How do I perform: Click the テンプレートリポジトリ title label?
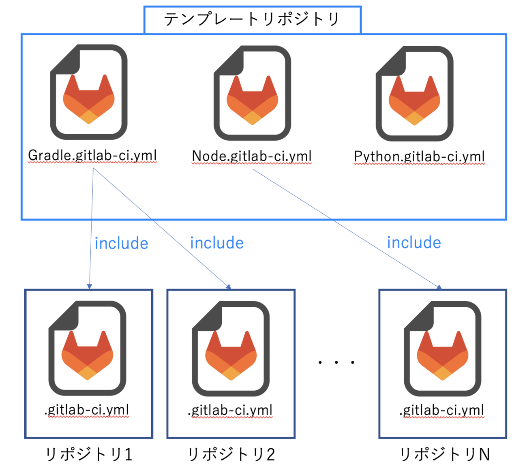click(x=252, y=19)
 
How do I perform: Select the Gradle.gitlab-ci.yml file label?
click(x=92, y=155)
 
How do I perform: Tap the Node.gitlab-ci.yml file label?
click(x=252, y=156)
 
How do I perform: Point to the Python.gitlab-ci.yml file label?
click(x=419, y=156)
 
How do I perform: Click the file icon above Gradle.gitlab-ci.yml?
click(x=89, y=92)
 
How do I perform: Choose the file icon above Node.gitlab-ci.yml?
click(x=252, y=93)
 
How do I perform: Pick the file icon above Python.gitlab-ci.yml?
click(x=414, y=94)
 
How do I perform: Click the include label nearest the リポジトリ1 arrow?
click(x=121, y=244)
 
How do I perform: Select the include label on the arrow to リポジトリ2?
click(x=217, y=243)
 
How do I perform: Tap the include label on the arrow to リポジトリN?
click(x=414, y=243)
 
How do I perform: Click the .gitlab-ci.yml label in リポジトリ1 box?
click(x=87, y=410)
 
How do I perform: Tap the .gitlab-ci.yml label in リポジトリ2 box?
click(x=230, y=410)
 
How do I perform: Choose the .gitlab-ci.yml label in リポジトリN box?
click(x=442, y=410)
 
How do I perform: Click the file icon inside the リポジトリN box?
click(x=442, y=349)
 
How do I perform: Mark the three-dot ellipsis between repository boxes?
click(x=336, y=362)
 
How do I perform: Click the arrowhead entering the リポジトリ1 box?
click(x=90, y=287)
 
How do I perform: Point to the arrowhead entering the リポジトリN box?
click(x=439, y=287)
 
